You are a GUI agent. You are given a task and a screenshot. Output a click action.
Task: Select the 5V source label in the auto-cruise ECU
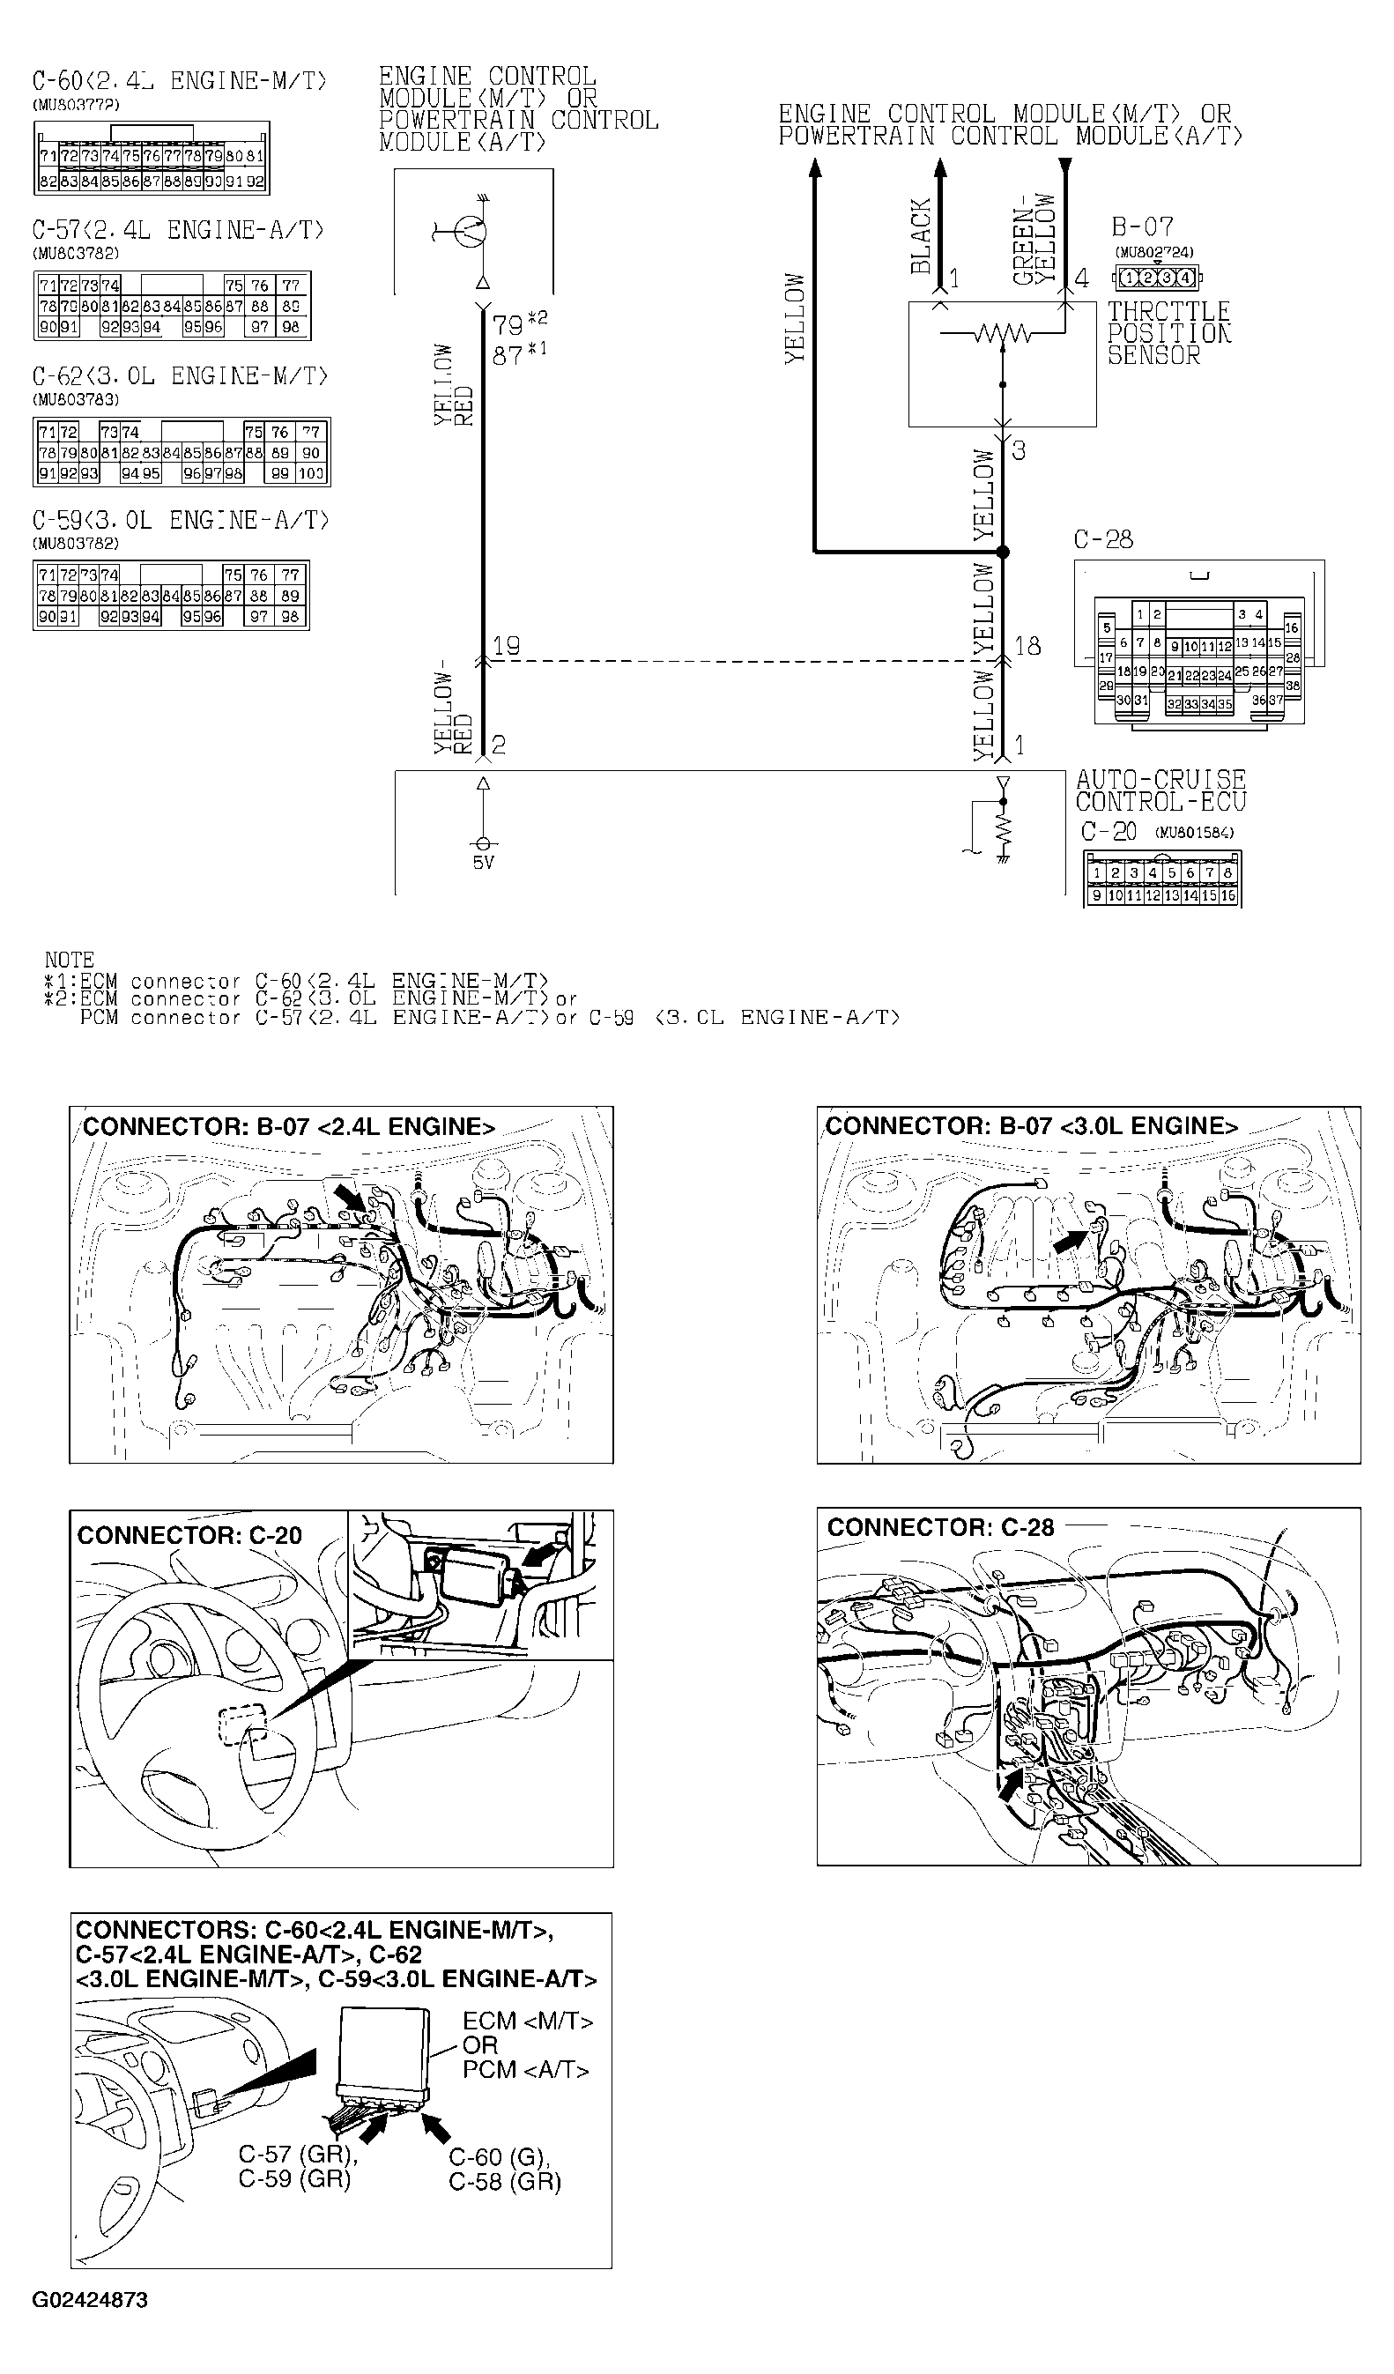[482, 863]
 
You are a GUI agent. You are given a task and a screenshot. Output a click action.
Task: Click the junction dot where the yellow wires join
[1003, 552]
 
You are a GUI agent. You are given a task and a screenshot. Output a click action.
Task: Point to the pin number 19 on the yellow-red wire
[507, 645]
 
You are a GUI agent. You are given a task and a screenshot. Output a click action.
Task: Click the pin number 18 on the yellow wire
[1027, 645]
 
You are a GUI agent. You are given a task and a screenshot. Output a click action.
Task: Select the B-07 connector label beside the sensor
[1143, 227]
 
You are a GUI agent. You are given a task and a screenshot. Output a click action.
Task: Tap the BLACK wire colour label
[920, 236]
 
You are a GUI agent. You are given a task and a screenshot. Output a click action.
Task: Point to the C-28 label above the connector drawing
[1103, 540]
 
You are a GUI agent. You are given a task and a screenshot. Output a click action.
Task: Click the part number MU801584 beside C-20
[1193, 833]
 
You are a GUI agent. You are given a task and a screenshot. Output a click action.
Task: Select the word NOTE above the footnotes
[69, 960]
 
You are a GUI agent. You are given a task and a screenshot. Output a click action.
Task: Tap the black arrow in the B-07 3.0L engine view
[1068, 1242]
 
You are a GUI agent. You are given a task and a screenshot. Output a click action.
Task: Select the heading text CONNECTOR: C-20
[189, 1536]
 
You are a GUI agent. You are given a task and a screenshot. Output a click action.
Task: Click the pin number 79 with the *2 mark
[508, 326]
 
